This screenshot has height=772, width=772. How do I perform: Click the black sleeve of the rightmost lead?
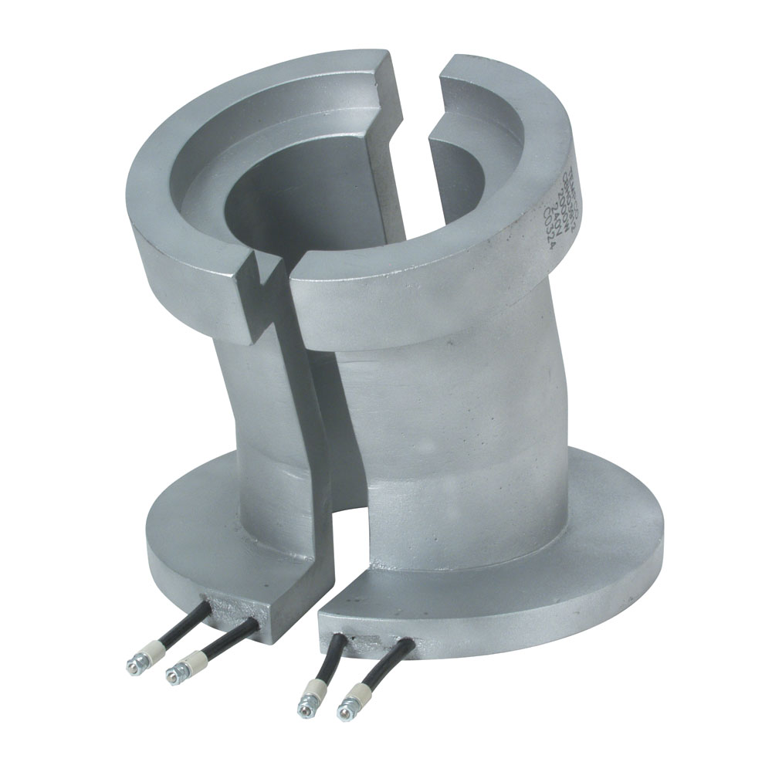(x=394, y=661)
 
